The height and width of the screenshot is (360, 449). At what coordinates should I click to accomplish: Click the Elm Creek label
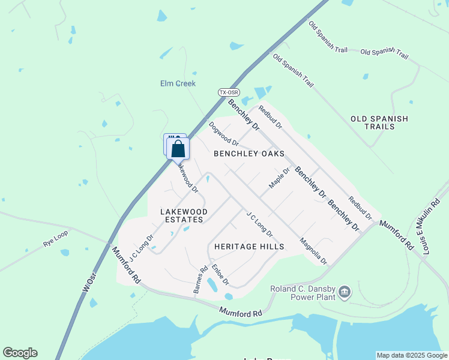coord(178,83)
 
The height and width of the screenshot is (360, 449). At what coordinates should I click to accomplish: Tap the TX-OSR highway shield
coord(228,92)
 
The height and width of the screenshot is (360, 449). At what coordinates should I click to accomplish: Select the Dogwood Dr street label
coord(224,134)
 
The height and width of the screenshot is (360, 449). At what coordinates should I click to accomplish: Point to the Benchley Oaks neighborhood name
coord(249,154)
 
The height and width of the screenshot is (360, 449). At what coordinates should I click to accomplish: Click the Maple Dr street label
coord(279,178)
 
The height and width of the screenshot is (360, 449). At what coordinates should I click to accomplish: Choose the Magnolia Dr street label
coord(313,252)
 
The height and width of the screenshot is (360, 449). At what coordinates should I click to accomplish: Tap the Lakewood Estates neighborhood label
coord(184,216)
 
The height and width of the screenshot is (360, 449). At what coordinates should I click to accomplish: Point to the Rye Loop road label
coord(56,239)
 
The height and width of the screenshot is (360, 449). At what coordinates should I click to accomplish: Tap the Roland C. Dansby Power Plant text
coord(303,293)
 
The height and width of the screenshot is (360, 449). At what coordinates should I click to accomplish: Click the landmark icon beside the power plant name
coord(345,292)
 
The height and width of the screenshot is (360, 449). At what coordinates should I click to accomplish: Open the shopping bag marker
coord(178,149)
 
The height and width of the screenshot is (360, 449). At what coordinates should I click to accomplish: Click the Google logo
coord(20,353)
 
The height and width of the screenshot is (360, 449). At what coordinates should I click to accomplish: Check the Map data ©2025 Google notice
coord(411,355)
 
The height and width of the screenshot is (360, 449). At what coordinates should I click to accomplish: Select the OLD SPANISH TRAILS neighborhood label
coord(379,122)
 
